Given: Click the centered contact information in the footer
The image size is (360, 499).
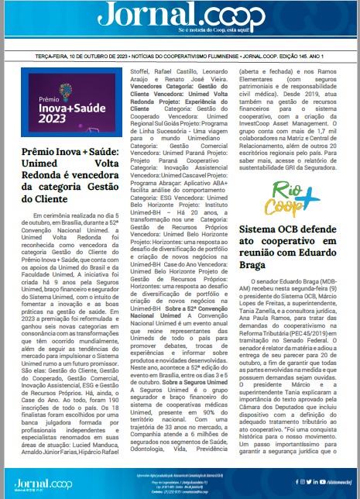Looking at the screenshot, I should pyautogui.click(x=180, y=481).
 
